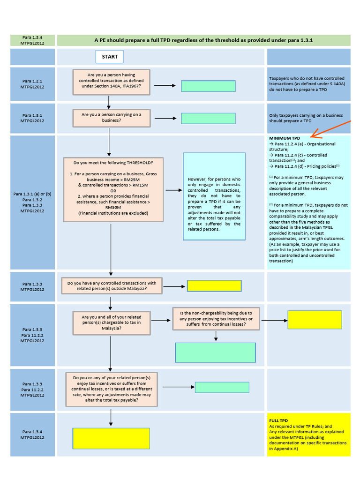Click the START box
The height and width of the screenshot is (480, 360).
tap(110, 57)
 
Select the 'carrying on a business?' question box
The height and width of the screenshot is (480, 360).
tap(111, 118)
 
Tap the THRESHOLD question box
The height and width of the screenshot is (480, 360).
tap(113, 190)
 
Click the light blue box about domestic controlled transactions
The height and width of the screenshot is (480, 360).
tap(214, 196)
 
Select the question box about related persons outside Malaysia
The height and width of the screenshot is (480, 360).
tap(112, 286)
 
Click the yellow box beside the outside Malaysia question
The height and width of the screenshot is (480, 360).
tap(214, 286)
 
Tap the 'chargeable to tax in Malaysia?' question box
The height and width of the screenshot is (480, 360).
tap(112, 322)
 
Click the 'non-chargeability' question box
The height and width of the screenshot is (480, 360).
tap(216, 319)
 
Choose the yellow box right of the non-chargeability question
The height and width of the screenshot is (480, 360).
tap(315, 320)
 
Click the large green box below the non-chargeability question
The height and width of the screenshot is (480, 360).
tap(216, 352)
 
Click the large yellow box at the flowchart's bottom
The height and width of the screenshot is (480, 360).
tap(111, 438)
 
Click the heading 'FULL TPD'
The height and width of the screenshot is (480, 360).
tap(278, 420)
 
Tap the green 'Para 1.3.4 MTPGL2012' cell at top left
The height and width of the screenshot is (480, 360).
tap(32, 40)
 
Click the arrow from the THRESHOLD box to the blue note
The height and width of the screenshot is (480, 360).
tap(173, 190)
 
